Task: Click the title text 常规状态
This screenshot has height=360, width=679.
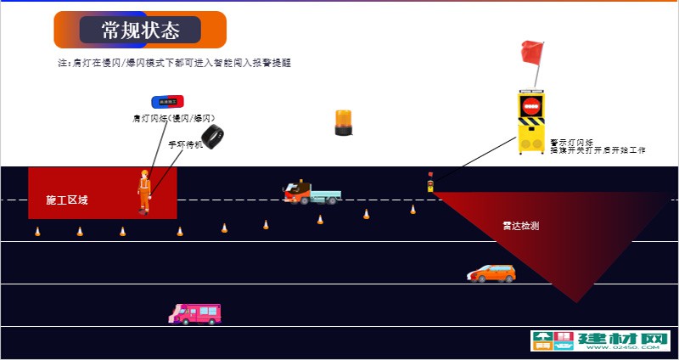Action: click(140, 31)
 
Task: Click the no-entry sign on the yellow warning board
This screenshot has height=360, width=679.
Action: click(531, 107)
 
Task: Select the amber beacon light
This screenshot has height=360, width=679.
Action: click(343, 122)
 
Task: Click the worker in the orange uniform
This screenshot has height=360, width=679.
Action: click(144, 192)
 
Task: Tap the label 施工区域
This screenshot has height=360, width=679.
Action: click(67, 200)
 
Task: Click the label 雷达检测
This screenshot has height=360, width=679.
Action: click(520, 226)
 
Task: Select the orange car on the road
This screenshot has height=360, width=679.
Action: click(491, 273)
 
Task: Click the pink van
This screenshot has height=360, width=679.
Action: click(195, 314)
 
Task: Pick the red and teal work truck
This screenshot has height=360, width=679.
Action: click(311, 192)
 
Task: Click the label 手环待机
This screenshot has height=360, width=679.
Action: click(186, 144)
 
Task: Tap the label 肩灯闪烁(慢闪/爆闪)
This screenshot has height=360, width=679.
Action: click(174, 118)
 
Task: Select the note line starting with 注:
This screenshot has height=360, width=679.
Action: click(174, 63)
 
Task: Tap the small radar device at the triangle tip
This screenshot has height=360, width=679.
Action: click(430, 183)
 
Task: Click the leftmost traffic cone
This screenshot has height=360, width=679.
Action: click(37, 231)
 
